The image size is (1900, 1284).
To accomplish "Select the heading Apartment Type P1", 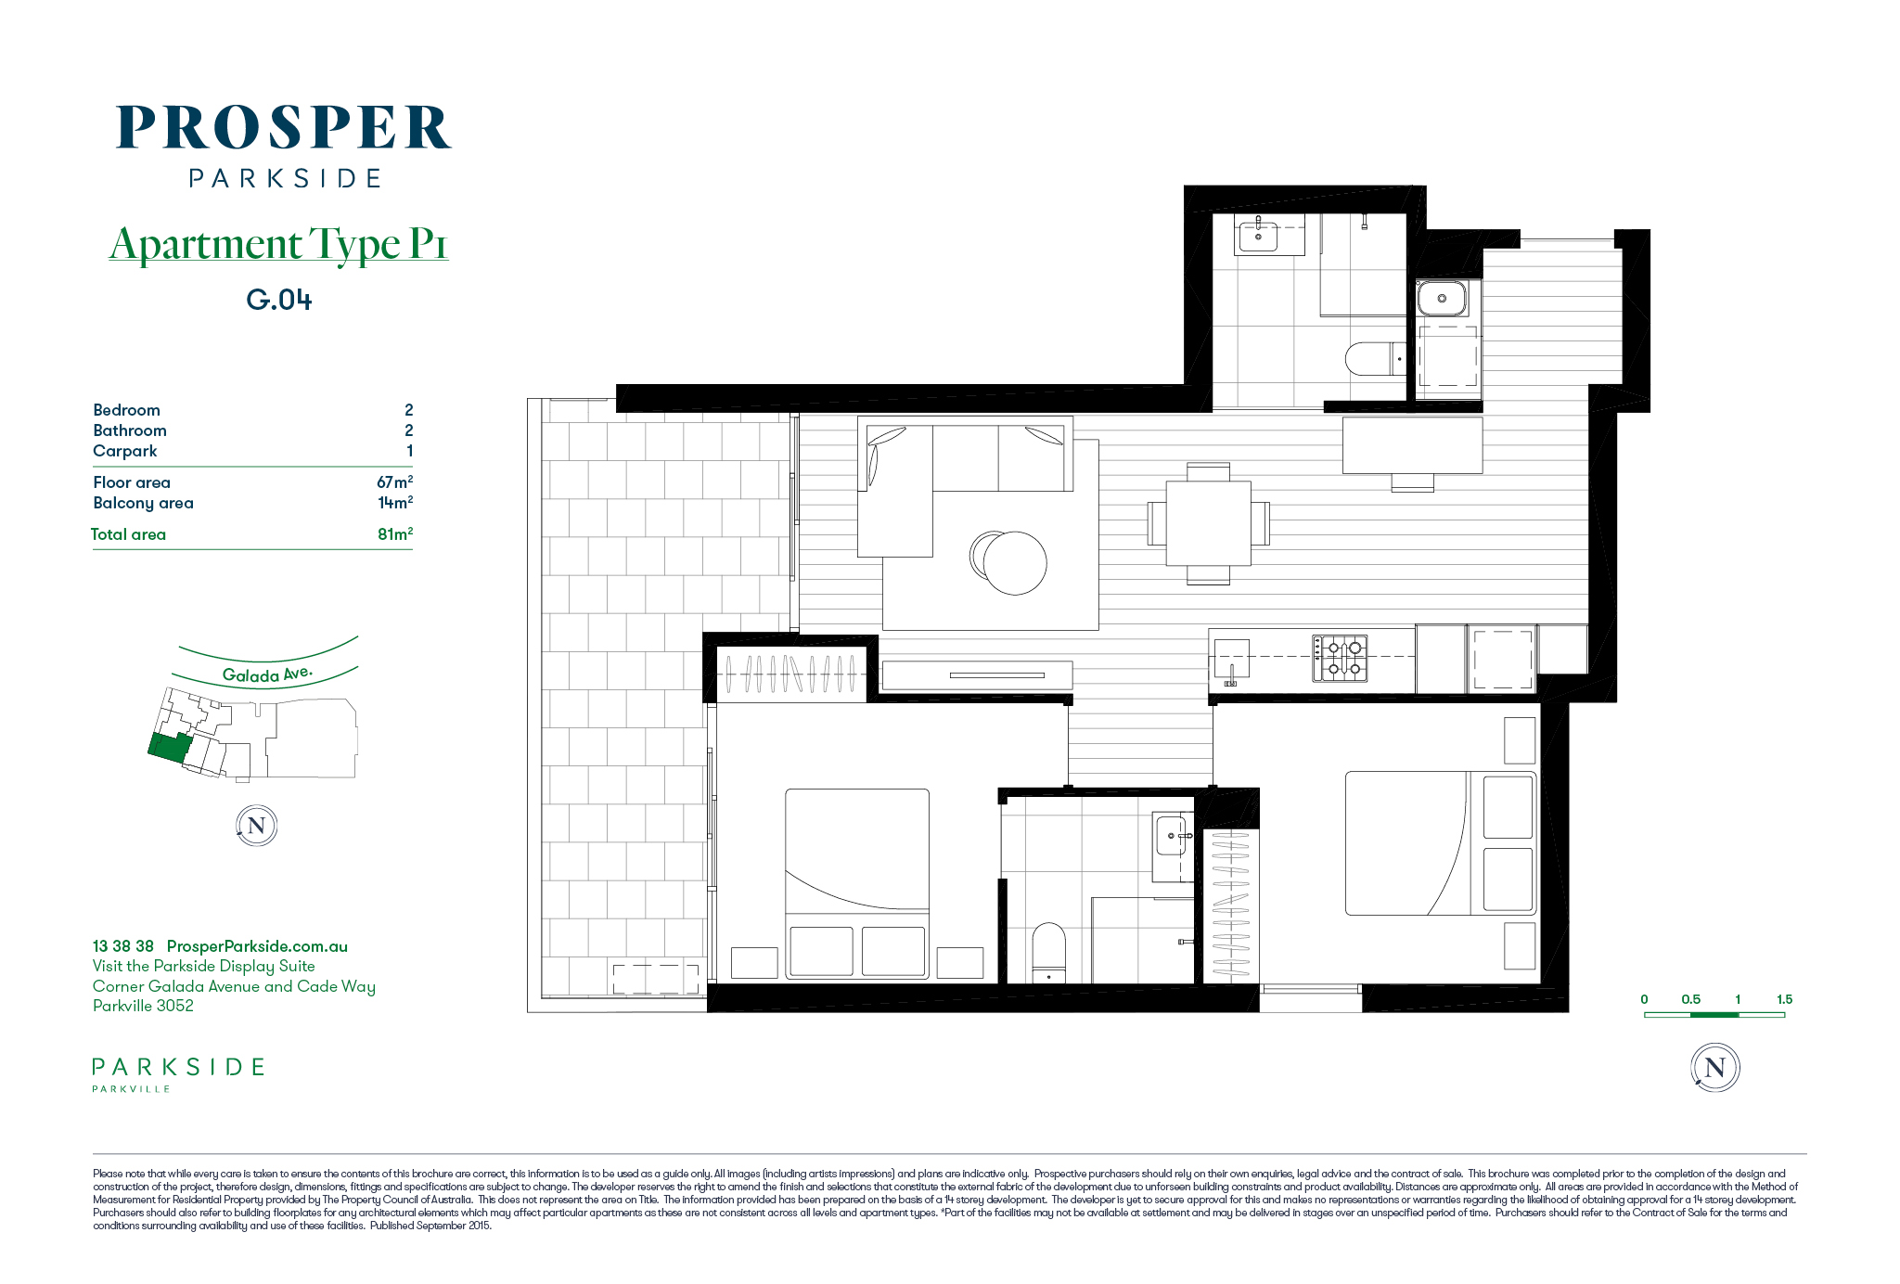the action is (278, 244).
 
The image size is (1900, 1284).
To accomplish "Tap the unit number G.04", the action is (279, 300).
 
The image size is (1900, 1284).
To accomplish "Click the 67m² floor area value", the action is (394, 481).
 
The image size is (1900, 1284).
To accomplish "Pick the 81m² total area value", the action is (395, 533).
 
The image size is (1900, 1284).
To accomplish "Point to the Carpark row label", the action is (125, 451).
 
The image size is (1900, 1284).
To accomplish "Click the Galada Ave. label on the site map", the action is (267, 674).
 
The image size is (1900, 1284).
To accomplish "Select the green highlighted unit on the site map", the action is (170, 747).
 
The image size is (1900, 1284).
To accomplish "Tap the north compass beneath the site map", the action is (257, 826).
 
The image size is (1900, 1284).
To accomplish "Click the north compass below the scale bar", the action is (1715, 1068).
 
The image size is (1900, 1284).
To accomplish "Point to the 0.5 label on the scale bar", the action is (1691, 999).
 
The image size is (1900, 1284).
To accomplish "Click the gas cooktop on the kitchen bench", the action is (1340, 658).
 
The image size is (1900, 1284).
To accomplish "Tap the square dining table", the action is (1208, 523).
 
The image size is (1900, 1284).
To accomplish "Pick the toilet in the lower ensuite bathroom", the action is (1048, 952).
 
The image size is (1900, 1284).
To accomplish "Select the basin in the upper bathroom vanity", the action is (1258, 236).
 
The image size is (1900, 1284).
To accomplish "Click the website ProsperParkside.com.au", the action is (257, 946).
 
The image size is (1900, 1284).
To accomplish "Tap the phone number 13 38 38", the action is (123, 946).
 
